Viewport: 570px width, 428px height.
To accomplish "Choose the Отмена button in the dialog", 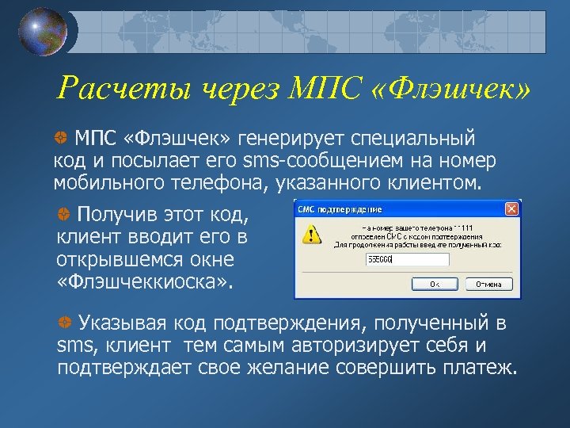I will point(488,284).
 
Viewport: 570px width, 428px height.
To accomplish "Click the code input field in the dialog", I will point(407,260).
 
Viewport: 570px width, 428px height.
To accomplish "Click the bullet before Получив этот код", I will point(64,215).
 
